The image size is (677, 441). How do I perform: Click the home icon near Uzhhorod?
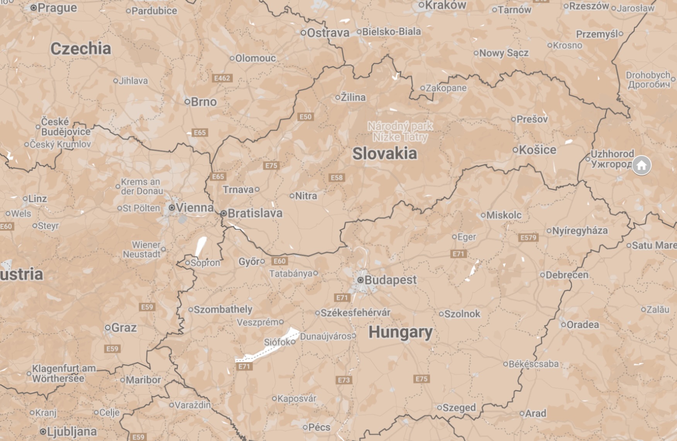641,165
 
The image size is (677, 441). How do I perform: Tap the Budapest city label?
390,280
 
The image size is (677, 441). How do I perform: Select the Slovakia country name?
385,154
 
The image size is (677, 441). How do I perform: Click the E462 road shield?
222,78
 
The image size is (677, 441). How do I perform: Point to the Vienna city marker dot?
172,208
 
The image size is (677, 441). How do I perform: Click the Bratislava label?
255,213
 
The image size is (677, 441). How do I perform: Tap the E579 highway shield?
528,237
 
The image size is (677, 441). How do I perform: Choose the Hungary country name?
401,332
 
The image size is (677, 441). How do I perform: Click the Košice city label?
537,150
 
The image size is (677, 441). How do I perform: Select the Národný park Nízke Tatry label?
400,132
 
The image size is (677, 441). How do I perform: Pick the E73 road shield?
344,380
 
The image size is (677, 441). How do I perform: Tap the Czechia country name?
81,48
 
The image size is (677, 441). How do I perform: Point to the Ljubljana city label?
72,431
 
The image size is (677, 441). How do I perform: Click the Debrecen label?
567,275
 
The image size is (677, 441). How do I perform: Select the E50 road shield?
305,117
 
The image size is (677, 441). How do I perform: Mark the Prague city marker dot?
34,8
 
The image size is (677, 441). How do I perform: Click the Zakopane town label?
446,88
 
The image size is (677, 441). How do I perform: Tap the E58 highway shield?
336,178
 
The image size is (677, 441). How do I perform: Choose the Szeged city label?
459,407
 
